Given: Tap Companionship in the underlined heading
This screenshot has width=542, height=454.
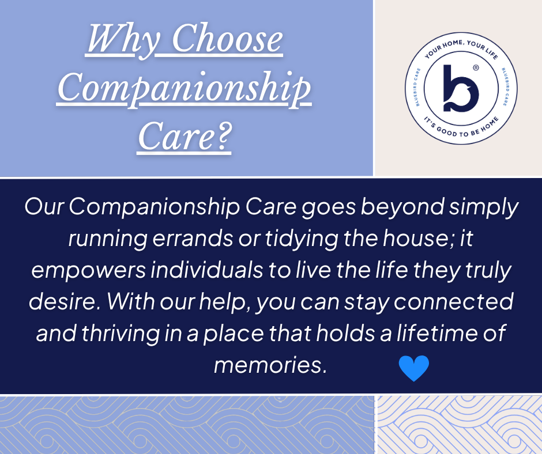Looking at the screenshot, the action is point(184,89).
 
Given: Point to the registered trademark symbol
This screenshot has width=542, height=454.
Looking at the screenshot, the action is point(476,68).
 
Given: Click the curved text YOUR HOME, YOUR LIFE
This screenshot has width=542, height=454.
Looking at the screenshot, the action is point(461,48).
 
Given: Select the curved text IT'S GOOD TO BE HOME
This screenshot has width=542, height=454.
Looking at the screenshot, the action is point(461,128).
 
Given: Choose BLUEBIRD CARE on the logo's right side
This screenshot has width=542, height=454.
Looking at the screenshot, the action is point(505,87).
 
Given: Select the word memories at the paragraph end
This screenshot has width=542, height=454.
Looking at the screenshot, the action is point(270,365).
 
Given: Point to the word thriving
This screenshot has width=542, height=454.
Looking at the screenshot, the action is point(121,333).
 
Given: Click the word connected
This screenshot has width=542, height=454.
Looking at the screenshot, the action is point(454,301).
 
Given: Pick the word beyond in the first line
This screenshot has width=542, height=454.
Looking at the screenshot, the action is point(402,207).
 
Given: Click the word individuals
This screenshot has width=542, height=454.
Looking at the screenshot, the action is point(206,270).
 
